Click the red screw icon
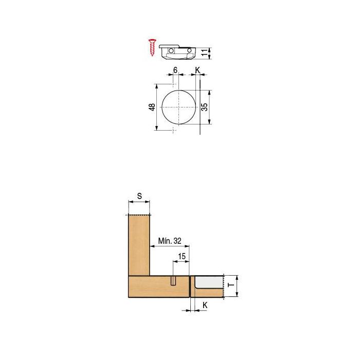pyautogui.click(x=152, y=47)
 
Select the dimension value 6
pyautogui.click(x=175, y=70)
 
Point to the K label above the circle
pyautogui.click(x=197, y=70)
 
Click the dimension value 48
pyautogui.click(x=152, y=107)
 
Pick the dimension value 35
pyautogui.click(x=204, y=107)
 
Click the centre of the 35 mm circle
pyautogui.click(x=179, y=107)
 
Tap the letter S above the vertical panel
pyautogui.click(x=139, y=196)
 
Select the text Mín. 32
pyautogui.click(x=170, y=241)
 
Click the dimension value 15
pyautogui.click(x=182, y=256)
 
